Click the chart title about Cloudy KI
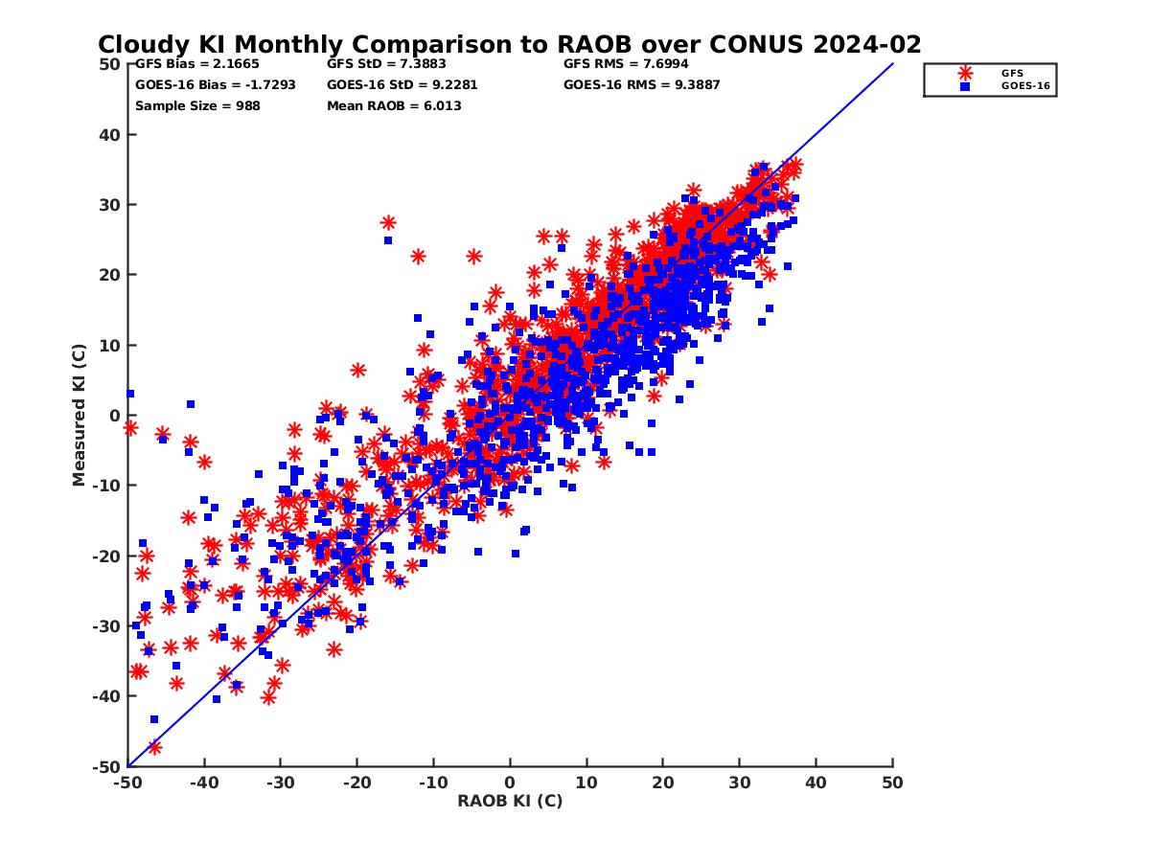(x=509, y=44)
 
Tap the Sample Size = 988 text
(x=197, y=105)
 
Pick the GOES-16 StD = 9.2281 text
(x=402, y=84)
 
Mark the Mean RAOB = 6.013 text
(x=394, y=105)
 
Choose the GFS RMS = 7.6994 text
(x=626, y=64)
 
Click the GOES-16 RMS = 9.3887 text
(x=641, y=84)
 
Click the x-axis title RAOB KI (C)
(x=510, y=801)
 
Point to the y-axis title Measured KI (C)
(x=80, y=416)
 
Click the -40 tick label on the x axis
(x=203, y=783)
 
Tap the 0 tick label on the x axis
(x=510, y=783)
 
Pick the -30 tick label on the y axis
(x=107, y=626)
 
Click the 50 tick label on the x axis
(x=892, y=783)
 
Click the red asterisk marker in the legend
(x=965, y=73)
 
